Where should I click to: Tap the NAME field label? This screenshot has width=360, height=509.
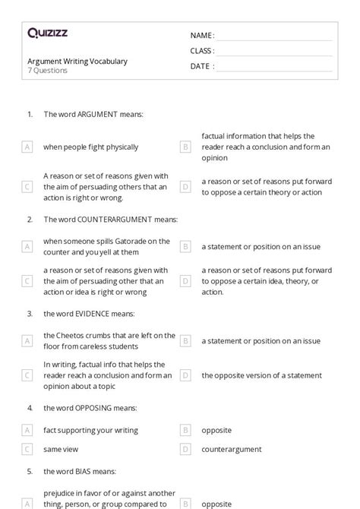tap(202, 36)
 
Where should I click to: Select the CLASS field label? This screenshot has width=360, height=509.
tap(202, 51)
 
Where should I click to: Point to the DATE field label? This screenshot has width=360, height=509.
tap(201, 66)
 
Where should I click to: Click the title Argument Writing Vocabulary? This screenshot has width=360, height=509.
tap(77, 61)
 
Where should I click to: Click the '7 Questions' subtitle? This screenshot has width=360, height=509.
tap(48, 71)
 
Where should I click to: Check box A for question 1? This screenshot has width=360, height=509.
tap(27, 147)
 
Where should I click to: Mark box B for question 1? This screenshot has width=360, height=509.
tap(185, 147)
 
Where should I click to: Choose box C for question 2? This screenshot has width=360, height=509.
tap(27, 281)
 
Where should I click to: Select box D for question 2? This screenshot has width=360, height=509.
tap(185, 281)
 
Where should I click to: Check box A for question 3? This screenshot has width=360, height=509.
tap(27, 341)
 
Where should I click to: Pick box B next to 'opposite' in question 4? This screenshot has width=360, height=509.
tap(185, 430)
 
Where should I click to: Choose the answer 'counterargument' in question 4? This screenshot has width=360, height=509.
tap(231, 449)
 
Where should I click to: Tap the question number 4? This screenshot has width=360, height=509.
tap(30, 408)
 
